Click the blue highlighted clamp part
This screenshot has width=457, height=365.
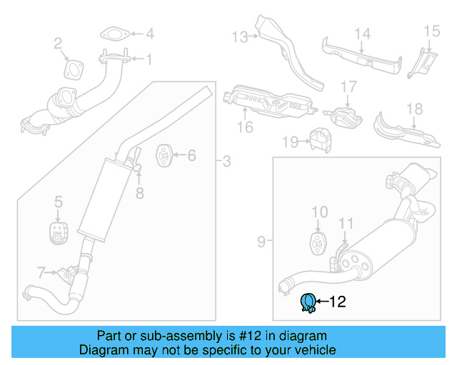pos(308,303)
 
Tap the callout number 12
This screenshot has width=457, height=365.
pos(337,302)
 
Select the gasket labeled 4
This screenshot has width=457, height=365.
pos(113,34)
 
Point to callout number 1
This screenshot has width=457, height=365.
pos(149,60)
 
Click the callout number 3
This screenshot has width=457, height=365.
pos(226,162)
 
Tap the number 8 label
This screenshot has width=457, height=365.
pos(140,192)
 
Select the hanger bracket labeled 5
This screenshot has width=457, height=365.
pos(58,232)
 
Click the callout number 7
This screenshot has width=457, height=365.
pos(41,271)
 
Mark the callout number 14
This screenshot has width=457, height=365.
pos(363,33)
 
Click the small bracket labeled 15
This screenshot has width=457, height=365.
pos(421,63)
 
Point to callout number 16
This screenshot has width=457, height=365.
pos(245,128)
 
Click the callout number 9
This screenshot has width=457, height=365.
pos(260,242)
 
